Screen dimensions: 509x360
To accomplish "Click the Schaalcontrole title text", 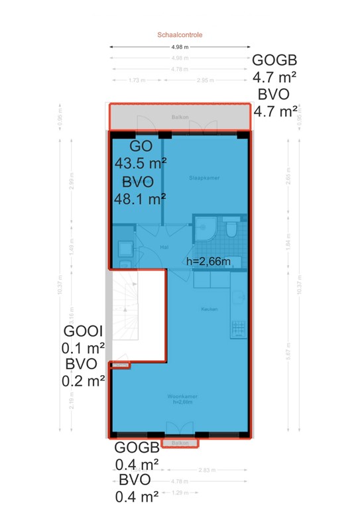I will tap(180, 34).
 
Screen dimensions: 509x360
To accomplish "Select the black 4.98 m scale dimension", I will tap(180, 47).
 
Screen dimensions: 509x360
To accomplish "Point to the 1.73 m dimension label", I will tap(137, 80).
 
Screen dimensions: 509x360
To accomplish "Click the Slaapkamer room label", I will tap(204, 178).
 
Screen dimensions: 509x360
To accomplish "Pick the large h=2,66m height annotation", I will tap(209, 261).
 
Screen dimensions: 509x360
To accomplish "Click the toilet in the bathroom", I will tap(231, 229).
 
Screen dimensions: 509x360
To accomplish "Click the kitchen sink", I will tap(239, 297).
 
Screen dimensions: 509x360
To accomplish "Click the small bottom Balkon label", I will tap(180, 443).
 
